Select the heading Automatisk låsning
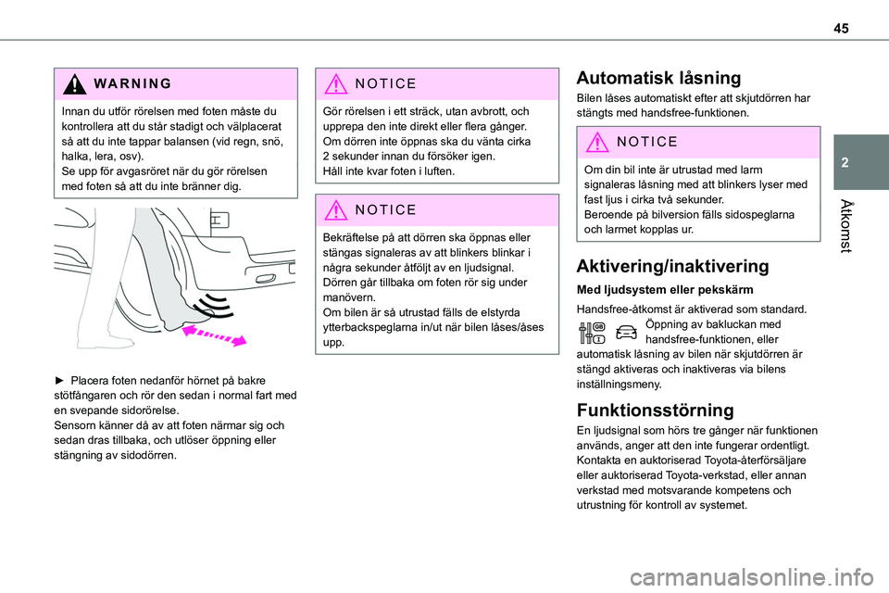657,78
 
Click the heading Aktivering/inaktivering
672,266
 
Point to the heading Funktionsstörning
655,410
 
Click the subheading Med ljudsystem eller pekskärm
652,290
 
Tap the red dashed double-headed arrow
214,334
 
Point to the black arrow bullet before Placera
62,381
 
